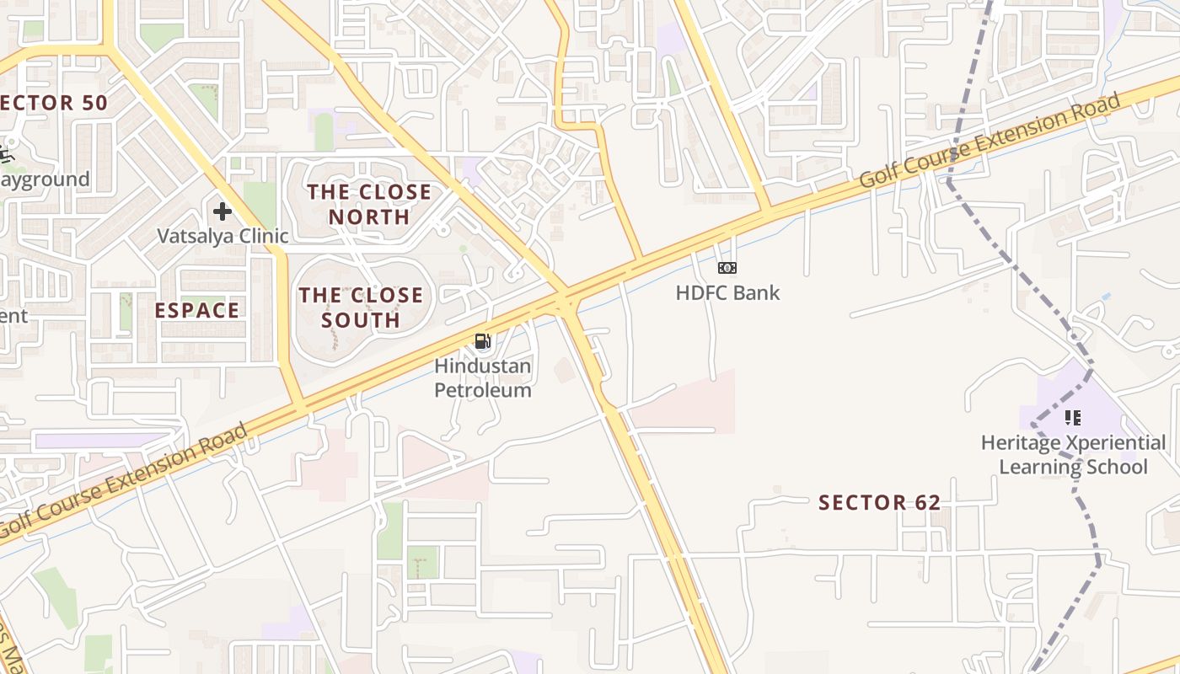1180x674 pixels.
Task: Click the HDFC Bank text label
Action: (727, 293)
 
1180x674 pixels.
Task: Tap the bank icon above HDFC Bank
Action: (727, 268)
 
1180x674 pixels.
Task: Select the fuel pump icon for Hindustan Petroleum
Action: (483, 341)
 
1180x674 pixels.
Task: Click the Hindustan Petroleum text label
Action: (482, 378)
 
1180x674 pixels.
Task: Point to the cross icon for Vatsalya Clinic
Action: (223, 211)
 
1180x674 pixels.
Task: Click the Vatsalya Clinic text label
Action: (223, 236)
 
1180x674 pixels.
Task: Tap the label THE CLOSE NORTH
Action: (369, 205)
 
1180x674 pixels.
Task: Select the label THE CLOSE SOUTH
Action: (361, 308)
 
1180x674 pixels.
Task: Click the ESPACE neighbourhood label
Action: (196, 310)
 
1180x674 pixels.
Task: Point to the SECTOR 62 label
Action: (879, 503)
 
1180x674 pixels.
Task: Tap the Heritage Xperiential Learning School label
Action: (1073, 455)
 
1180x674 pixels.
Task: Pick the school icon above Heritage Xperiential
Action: (1072, 417)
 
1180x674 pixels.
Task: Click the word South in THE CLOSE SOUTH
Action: (361, 320)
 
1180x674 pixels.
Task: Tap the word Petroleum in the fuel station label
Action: (482, 390)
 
